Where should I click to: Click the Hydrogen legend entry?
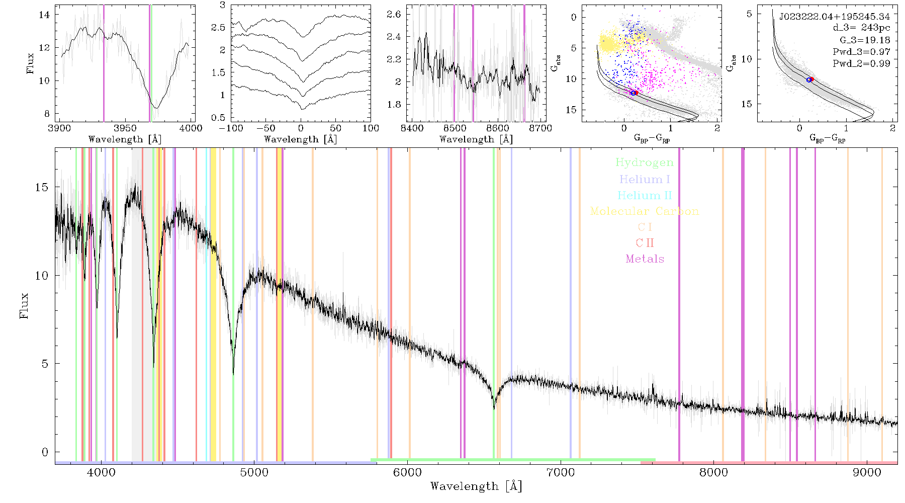tap(645, 163)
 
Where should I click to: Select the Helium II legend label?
tap(645, 196)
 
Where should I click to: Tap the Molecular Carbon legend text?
tap(645, 211)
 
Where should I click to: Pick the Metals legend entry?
tap(645, 259)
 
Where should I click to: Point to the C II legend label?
tap(645, 243)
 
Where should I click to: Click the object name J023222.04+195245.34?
tap(835, 17)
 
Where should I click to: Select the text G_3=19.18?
tap(865, 40)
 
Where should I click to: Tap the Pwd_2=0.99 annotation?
tap(861, 64)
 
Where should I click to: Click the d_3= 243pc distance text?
tap(861, 28)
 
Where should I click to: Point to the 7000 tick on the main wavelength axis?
tap(560, 473)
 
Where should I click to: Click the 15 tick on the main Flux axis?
tap(42, 187)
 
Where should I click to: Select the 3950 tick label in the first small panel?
tap(125, 128)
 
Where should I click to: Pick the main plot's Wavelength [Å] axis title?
tap(476, 486)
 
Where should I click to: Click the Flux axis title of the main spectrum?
tap(24, 306)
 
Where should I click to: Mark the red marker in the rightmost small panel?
tap(811, 79)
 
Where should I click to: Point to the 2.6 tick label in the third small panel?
tap(394, 14)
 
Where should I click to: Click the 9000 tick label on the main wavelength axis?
tap(866, 473)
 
